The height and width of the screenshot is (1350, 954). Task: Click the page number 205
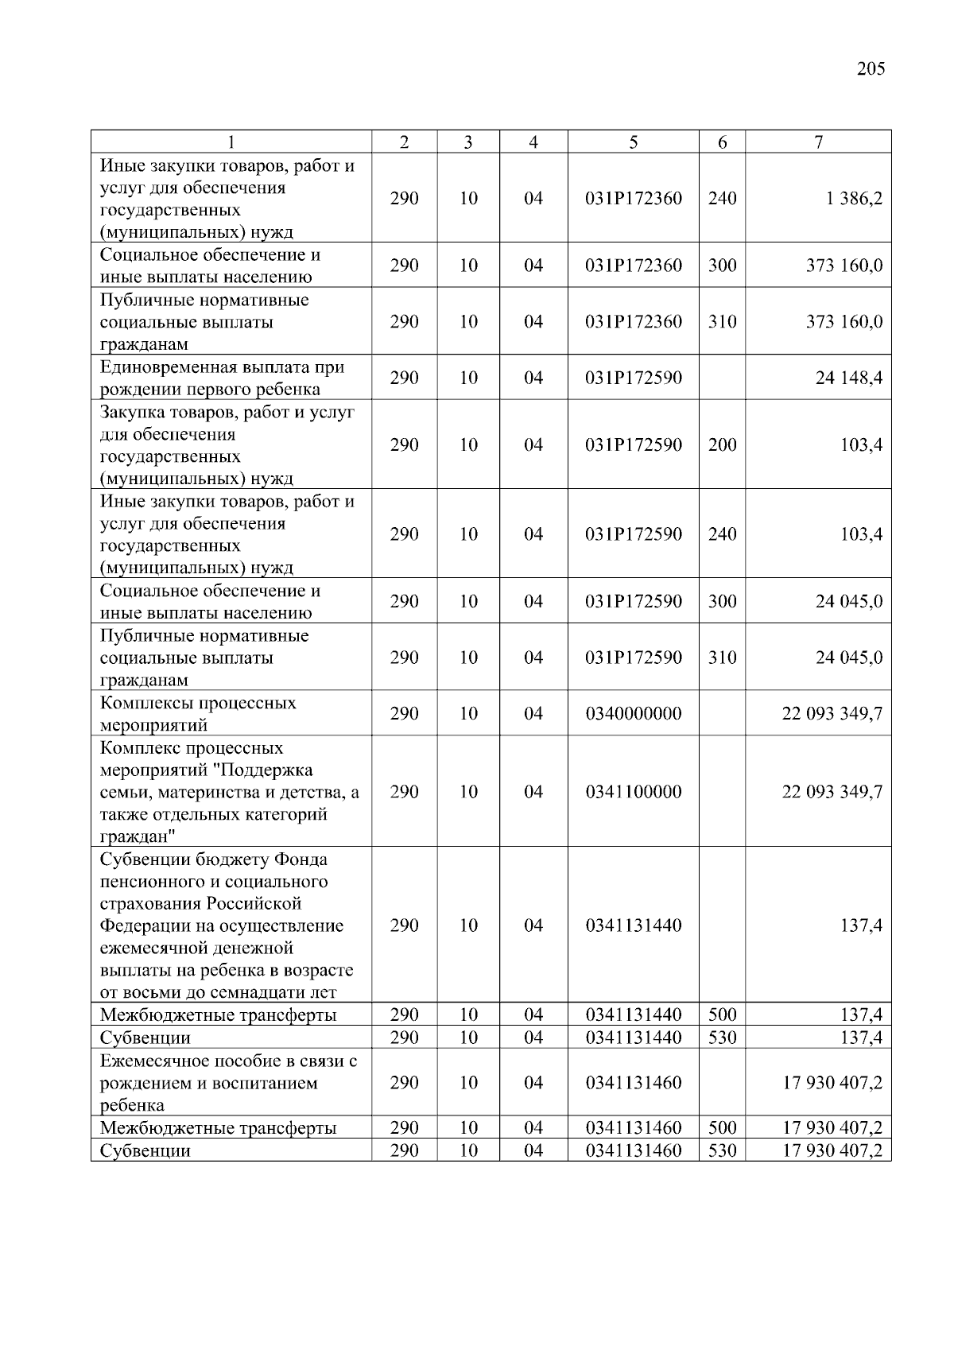[871, 68]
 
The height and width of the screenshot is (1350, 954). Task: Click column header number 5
[633, 142]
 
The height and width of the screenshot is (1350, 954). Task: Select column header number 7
[818, 142]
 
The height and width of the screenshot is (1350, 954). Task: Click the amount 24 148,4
[848, 378]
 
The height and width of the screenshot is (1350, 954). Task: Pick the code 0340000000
[633, 713]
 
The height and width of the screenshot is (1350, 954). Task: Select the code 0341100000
[633, 792]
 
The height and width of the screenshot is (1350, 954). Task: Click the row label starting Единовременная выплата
[222, 378]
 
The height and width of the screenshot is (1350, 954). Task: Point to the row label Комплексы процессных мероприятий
[198, 713]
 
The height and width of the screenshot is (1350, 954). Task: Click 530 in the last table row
[722, 1150]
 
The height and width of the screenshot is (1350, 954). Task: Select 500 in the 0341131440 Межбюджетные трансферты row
[722, 1014]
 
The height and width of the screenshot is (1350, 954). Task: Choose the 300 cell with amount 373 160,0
[722, 266]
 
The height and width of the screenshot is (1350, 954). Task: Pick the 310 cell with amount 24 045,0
[722, 658]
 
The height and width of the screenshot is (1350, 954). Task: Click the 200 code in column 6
[722, 445]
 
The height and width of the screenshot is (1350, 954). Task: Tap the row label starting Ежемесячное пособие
[228, 1083]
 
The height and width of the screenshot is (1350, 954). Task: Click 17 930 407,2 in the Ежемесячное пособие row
[832, 1083]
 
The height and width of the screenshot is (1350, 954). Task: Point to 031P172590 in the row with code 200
[633, 445]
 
